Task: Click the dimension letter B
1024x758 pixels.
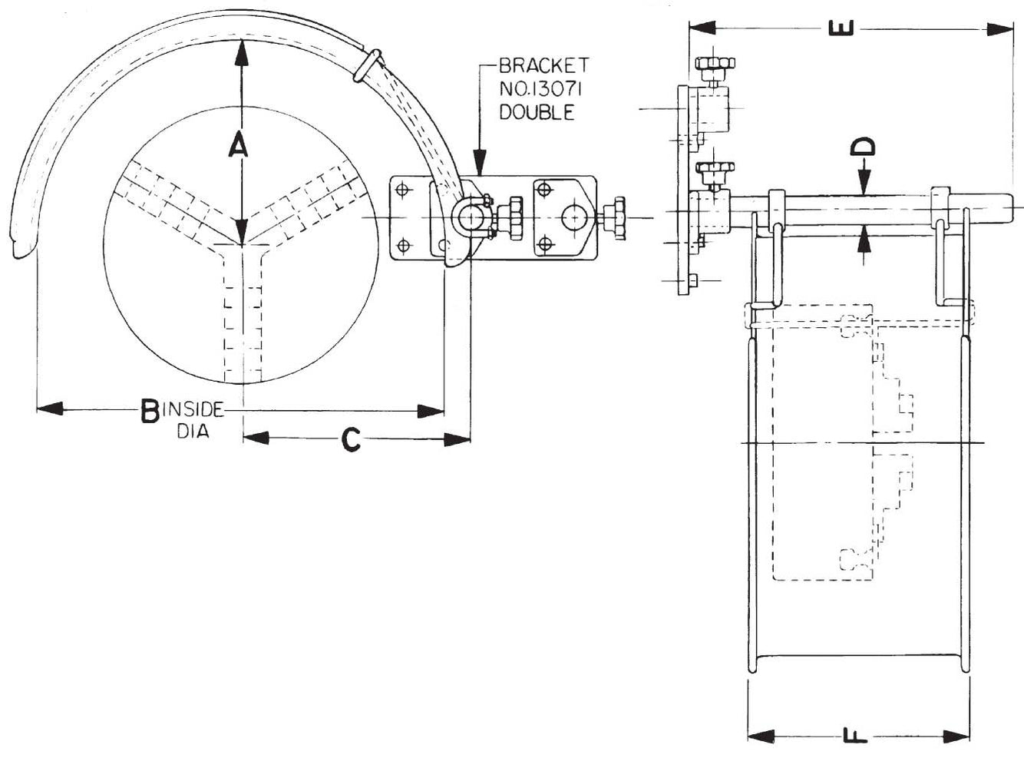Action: [149, 412]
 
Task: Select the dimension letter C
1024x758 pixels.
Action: [350, 439]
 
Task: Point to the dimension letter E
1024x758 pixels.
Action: [843, 28]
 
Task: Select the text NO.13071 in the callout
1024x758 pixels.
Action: [540, 89]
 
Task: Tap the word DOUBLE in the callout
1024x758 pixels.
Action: [537, 112]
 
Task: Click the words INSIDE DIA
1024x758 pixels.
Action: [192, 420]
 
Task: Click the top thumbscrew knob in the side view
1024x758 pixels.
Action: [714, 63]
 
